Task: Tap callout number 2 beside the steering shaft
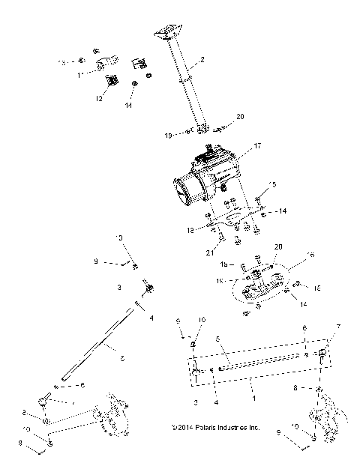tap(202, 58)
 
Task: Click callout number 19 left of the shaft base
tap(169, 134)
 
